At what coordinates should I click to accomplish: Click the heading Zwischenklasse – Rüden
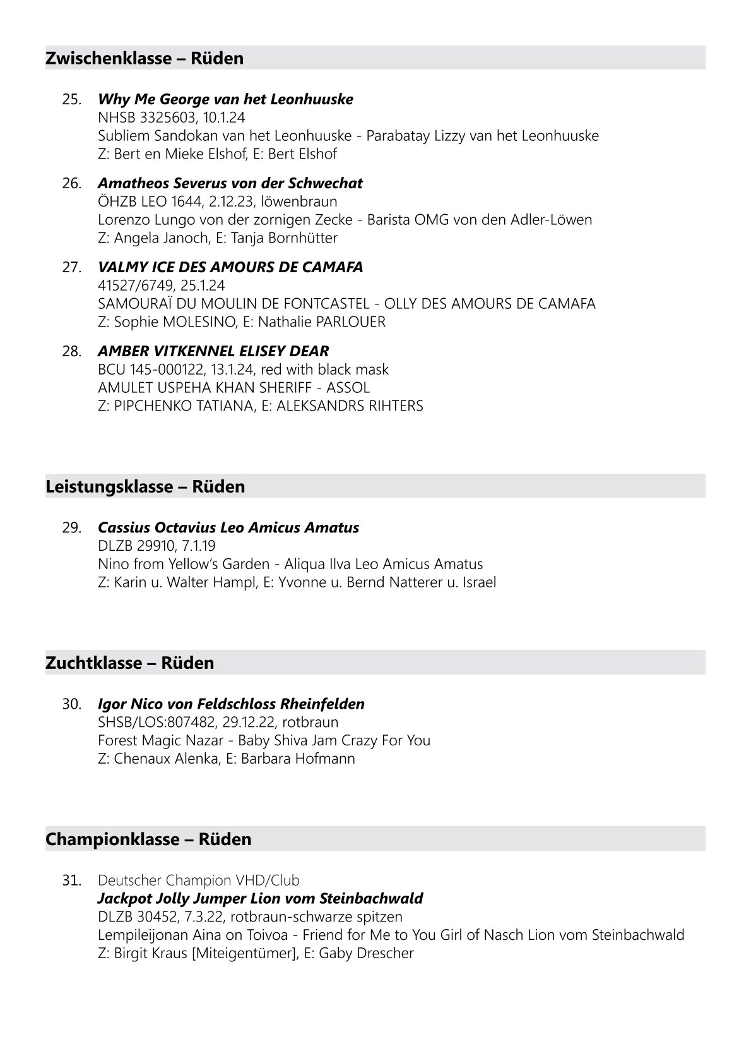coord(145,58)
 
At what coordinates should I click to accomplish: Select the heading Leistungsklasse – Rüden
coord(145,486)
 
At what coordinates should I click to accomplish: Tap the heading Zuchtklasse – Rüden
coord(129,663)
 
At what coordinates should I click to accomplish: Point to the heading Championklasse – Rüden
coord(148,839)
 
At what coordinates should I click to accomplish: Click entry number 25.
coord(71,99)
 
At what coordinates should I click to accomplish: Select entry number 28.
coord(71,351)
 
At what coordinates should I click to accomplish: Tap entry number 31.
coord(71,880)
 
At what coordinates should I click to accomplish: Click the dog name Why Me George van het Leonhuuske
coord(225,99)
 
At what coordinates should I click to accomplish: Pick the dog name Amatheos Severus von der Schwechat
coord(230,183)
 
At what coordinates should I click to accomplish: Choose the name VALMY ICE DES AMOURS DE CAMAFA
coord(230,267)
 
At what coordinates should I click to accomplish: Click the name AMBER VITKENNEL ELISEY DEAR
coord(213,351)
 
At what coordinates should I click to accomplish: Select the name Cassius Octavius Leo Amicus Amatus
coord(228,527)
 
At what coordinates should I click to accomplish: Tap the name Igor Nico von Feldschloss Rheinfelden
coord(231,704)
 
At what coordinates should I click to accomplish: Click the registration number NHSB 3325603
coord(146,117)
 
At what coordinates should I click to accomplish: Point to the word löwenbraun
coord(299,201)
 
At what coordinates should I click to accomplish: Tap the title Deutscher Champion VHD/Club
coord(199,880)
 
